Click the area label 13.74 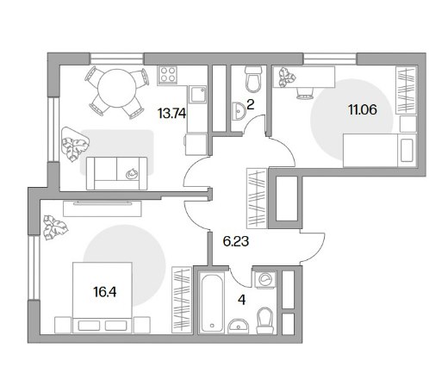[x=171, y=114]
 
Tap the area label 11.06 [x=363, y=109]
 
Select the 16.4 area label [x=105, y=292]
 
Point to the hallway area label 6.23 [x=236, y=241]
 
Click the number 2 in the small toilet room [x=250, y=105]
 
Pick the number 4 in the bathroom [x=242, y=300]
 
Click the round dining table [x=116, y=88]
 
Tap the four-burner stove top [x=167, y=75]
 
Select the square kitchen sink [x=197, y=94]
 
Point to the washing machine [x=264, y=279]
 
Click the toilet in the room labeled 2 [x=253, y=79]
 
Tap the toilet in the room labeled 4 [x=264, y=320]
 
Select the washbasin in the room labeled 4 [x=239, y=326]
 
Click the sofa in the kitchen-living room [x=116, y=173]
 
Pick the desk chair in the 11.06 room [x=304, y=93]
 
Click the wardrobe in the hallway [x=257, y=198]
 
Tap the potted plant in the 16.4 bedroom [x=55, y=227]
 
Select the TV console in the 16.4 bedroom [x=103, y=208]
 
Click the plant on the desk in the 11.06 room [x=287, y=77]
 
